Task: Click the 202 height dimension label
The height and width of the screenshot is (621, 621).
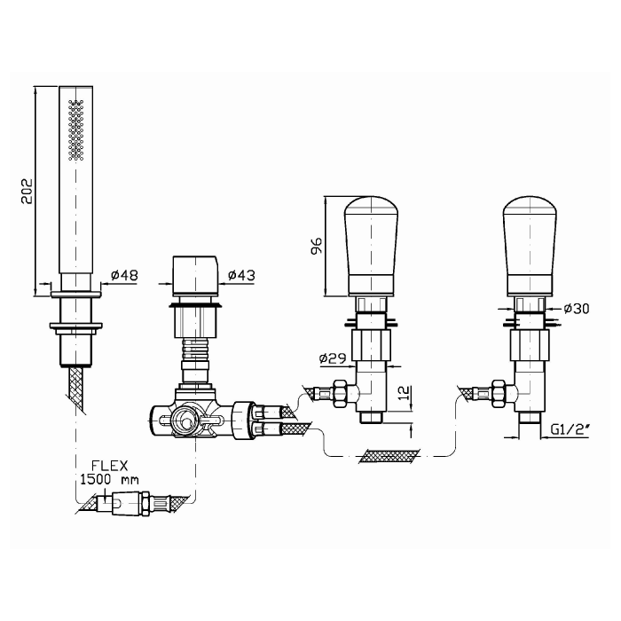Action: pos(26,192)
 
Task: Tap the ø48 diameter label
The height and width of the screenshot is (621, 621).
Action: pos(124,274)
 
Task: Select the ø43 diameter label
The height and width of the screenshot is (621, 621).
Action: pos(241,274)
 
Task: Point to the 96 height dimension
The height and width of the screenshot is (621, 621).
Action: pos(317,246)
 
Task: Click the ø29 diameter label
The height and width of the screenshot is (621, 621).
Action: pos(333,358)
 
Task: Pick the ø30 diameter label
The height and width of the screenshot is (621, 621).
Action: pos(577,309)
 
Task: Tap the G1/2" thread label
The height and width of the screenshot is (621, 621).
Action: pos(570,428)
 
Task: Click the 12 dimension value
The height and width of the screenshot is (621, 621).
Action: pos(405,392)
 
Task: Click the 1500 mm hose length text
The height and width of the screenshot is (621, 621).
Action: pos(109,480)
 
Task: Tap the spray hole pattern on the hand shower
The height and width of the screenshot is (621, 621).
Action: pos(76,130)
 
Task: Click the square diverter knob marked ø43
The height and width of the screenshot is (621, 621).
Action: pos(195,276)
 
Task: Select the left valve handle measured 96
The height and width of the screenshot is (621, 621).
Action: pos(371,246)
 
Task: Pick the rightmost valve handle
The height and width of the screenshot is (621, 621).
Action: pos(530,246)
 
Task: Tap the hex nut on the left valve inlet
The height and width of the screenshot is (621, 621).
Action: pos(340,394)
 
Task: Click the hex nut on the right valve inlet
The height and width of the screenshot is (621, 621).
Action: pos(498,394)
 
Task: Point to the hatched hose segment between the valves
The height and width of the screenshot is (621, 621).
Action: pos(389,456)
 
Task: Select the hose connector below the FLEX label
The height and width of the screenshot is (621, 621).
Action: pos(130,503)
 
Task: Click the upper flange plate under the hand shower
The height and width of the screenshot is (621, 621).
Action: pos(76,295)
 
